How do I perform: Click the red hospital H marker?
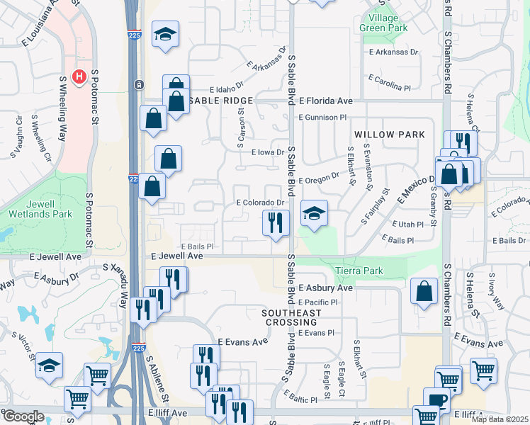click(79, 76)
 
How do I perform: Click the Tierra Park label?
click(361, 271)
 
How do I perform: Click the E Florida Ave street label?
click(326, 101)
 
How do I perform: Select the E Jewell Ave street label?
click(177, 256)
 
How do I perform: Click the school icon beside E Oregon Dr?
click(314, 212)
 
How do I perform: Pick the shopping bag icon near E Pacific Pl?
click(424, 290)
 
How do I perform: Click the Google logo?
click(23, 416)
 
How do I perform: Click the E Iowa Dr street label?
click(267, 152)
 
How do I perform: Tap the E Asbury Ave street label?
click(325, 288)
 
